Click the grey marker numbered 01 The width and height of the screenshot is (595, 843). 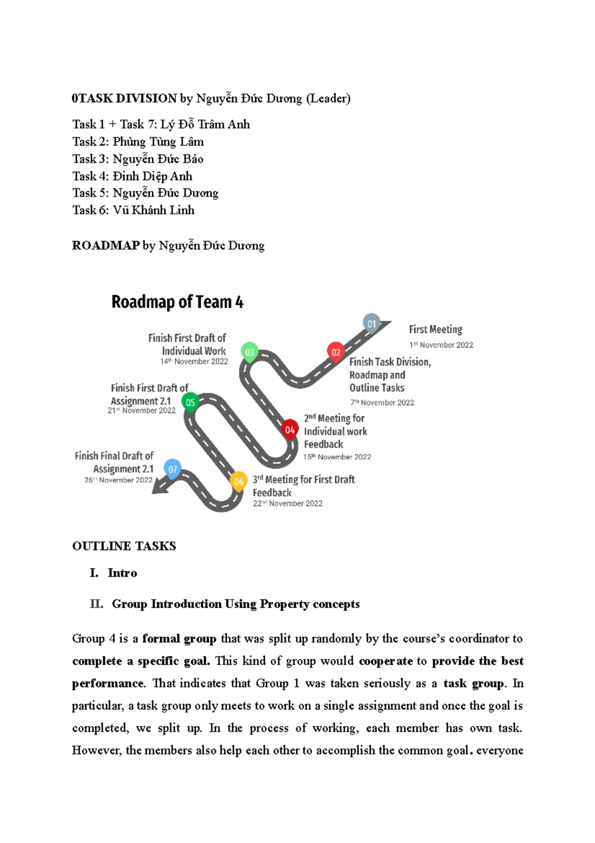click(x=371, y=323)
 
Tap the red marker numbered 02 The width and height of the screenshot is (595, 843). click(x=336, y=351)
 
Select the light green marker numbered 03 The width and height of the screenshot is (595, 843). click(x=249, y=352)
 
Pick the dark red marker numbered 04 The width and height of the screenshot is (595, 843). click(x=290, y=429)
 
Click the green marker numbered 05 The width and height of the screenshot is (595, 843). click(x=190, y=402)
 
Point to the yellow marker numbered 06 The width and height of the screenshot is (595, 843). click(x=238, y=481)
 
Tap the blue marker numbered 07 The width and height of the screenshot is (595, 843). click(x=173, y=469)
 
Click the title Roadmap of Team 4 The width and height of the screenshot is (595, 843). click(x=177, y=302)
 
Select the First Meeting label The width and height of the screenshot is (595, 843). click(x=435, y=330)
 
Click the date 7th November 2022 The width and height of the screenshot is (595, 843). click(x=382, y=403)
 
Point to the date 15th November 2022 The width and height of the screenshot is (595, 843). click(x=337, y=457)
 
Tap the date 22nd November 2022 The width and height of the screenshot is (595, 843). click(x=288, y=503)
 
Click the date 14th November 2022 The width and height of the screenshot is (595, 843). click(x=194, y=361)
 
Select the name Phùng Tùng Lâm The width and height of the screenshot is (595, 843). click(x=158, y=142)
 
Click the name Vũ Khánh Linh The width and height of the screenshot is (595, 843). click(x=153, y=210)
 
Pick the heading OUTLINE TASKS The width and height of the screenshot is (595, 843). click(x=124, y=546)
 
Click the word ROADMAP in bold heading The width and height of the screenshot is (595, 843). click(x=106, y=246)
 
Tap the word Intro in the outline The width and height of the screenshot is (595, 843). click(x=122, y=573)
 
